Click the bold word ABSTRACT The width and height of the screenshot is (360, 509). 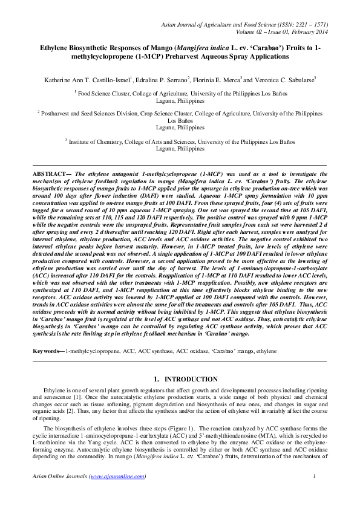point(50,173)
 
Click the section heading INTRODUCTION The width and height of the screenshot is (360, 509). point(191,380)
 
